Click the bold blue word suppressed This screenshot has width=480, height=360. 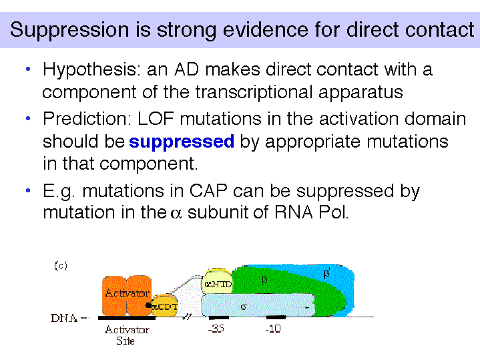click(x=182, y=142)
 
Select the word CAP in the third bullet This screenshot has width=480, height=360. click(x=208, y=190)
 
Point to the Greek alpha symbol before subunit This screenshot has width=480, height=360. click(x=176, y=213)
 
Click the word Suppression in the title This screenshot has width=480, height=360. click(x=69, y=30)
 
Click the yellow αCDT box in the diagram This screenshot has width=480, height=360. click(x=165, y=306)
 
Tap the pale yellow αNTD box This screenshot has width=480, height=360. click(x=218, y=284)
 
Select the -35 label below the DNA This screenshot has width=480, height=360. click(x=216, y=329)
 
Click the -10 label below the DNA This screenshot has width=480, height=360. click(x=273, y=329)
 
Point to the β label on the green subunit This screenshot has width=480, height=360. click(x=264, y=280)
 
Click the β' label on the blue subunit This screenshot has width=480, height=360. click(x=327, y=273)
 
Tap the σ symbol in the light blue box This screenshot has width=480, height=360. click(x=244, y=307)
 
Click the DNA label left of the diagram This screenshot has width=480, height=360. click(x=64, y=319)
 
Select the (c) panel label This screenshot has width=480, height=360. click(x=61, y=265)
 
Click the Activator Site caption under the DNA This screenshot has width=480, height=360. click(x=126, y=335)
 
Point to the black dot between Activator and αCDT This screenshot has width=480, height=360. click(x=148, y=305)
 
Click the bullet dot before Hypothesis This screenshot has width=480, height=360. click(x=28, y=69)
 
